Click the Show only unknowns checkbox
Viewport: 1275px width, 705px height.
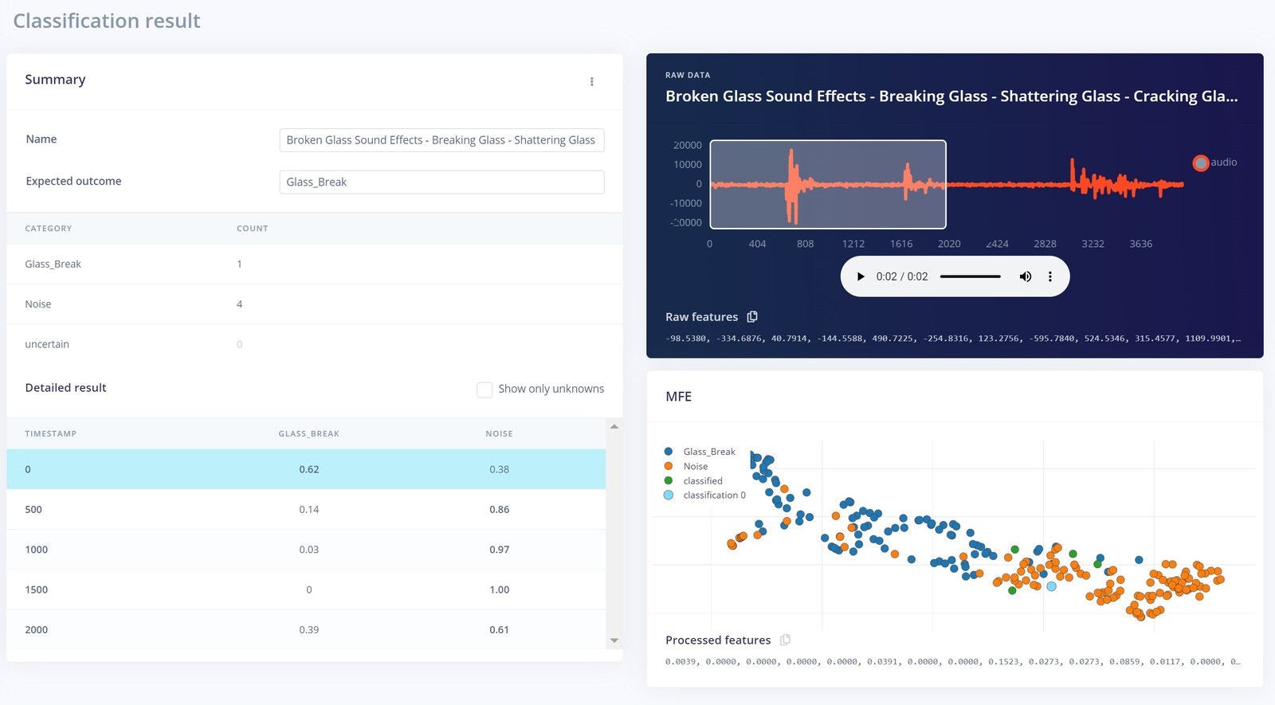(484, 390)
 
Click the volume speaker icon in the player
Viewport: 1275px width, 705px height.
(1026, 276)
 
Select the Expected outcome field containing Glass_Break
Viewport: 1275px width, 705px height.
(441, 182)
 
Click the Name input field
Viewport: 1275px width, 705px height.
(441, 140)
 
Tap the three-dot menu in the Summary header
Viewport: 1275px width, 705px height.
(591, 81)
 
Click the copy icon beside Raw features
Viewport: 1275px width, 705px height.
(752, 317)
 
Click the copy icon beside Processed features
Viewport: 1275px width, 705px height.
(785, 640)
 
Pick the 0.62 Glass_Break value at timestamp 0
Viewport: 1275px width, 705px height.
(309, 470)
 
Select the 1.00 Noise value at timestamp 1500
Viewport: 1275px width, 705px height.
(499, 590)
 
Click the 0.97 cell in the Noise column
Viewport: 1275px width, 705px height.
(499, 550)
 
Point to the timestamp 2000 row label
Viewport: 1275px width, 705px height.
(37, 630)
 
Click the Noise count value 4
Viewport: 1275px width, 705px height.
(239, 304)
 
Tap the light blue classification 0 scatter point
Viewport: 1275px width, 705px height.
(1051, 586)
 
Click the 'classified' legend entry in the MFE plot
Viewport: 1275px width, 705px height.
(702, 481)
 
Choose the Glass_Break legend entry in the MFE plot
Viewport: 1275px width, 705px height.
(708, 452)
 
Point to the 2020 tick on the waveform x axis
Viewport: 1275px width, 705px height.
(949, 244)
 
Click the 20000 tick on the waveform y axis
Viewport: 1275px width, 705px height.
(687, 145)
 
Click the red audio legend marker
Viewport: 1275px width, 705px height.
(1200, 163)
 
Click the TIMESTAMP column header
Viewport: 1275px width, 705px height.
(51, 434)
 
